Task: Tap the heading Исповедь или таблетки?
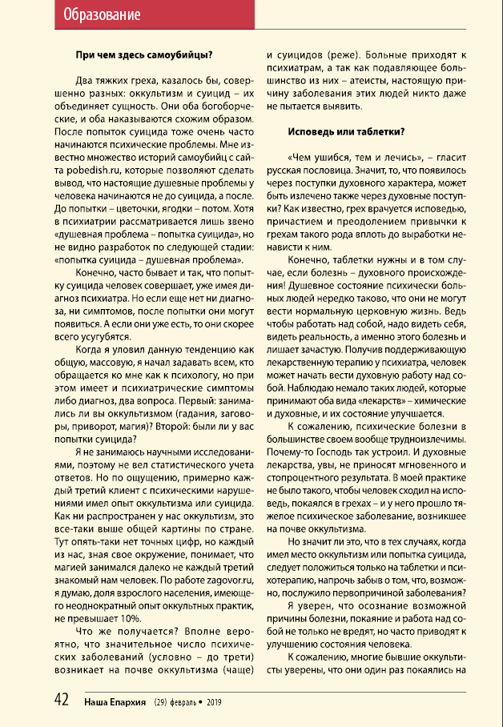346,131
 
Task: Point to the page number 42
62,700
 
